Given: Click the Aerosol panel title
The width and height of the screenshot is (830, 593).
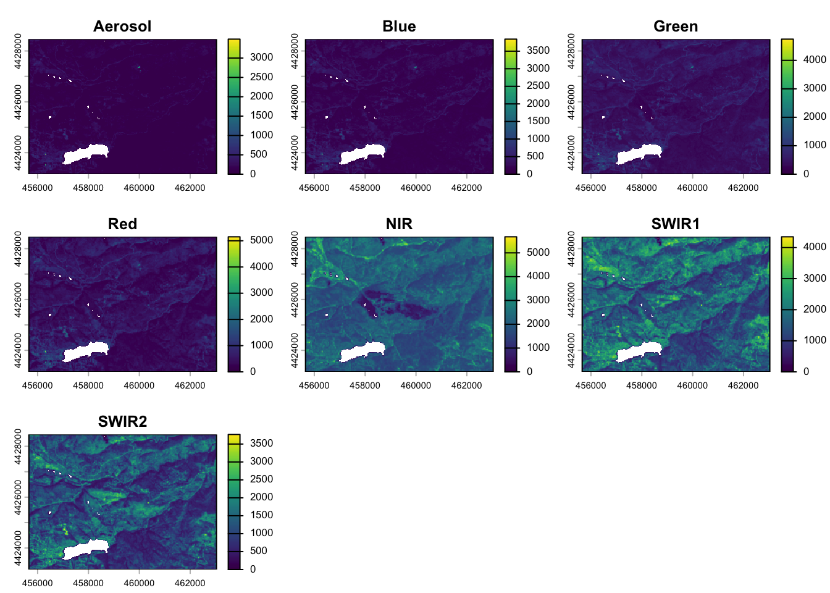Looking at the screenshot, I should (x=122, y=27).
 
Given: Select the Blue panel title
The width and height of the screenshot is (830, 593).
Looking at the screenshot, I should (x=399, y=27).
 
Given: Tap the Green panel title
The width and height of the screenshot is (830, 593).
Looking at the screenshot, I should (x=676, y=27).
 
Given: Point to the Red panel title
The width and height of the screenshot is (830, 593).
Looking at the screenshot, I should (x=122, y=224).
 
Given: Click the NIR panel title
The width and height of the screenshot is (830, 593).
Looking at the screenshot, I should (x=399, y=224).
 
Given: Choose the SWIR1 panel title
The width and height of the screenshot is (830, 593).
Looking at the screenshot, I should (x=676, y=224).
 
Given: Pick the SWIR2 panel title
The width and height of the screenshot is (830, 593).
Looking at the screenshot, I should (x=122, y=422).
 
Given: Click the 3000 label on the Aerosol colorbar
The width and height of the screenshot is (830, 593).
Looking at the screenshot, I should (x=261, y=57).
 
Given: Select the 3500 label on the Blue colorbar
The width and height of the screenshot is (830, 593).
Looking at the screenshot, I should (x=538, y=51).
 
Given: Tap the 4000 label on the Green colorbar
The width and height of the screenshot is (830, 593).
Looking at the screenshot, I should (x=815, y=60).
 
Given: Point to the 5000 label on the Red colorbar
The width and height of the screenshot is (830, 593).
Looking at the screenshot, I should (x=261, y=240).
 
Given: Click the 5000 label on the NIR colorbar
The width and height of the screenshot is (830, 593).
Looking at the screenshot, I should (x=538, y=253).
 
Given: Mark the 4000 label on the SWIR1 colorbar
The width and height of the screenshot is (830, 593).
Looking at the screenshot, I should (x=815, y=247).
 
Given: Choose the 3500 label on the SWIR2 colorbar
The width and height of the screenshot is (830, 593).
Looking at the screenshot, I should (x=261, y=444).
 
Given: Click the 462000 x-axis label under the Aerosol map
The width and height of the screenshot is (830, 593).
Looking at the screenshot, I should (x=190, y=188).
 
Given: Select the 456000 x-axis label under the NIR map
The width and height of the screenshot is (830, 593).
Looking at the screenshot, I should (x=314, y=385).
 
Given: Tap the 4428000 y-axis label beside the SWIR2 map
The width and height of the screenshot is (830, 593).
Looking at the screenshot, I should (x=18, y=447).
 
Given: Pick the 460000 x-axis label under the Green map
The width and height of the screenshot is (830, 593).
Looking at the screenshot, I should (x=692, y=188).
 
